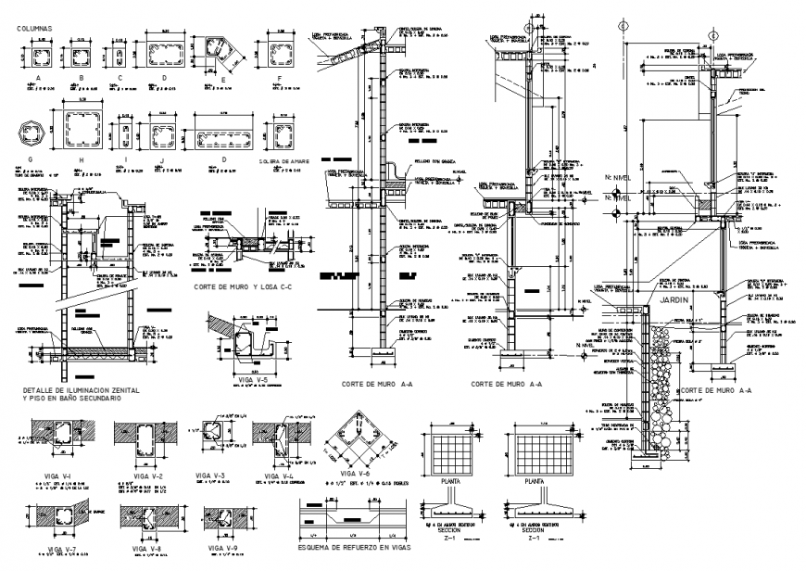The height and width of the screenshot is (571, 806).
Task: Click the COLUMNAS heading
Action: (35, 29)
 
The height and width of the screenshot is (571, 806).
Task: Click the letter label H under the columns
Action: (82, 160)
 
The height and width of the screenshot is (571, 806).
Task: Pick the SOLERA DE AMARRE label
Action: (286, 160)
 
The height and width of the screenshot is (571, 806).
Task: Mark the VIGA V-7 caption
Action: (57, 549)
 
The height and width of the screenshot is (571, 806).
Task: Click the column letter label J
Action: (160, 160)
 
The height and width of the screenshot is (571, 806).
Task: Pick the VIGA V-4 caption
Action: (277, 475)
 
